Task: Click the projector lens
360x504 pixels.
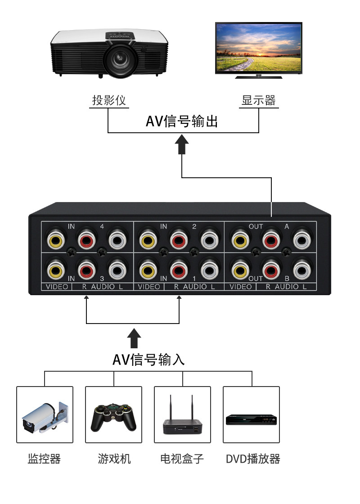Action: coord(120,59)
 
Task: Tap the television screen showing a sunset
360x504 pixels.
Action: coord(258,48)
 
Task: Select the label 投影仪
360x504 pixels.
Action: coord(109,100)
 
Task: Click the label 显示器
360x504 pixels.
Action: coord(259,100)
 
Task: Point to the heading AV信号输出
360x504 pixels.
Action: coord(182,121)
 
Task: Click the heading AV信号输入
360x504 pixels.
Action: coord(148,360)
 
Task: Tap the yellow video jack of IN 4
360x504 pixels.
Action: coord(56,240)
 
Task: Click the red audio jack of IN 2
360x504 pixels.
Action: coord(179,240)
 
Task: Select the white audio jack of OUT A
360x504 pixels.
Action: coord(302,240)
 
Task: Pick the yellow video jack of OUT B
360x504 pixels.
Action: coord(240,270)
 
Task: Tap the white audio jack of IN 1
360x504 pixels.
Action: coord(210,270)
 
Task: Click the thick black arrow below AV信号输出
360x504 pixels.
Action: coord(182,144)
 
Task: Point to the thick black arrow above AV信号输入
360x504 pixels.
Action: coord(134,338)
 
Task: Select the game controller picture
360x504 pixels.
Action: coord(114,417)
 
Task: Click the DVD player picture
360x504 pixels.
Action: coord(252,419)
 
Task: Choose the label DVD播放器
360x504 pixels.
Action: coord(253,459)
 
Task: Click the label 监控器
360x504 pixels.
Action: coord(45,459)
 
